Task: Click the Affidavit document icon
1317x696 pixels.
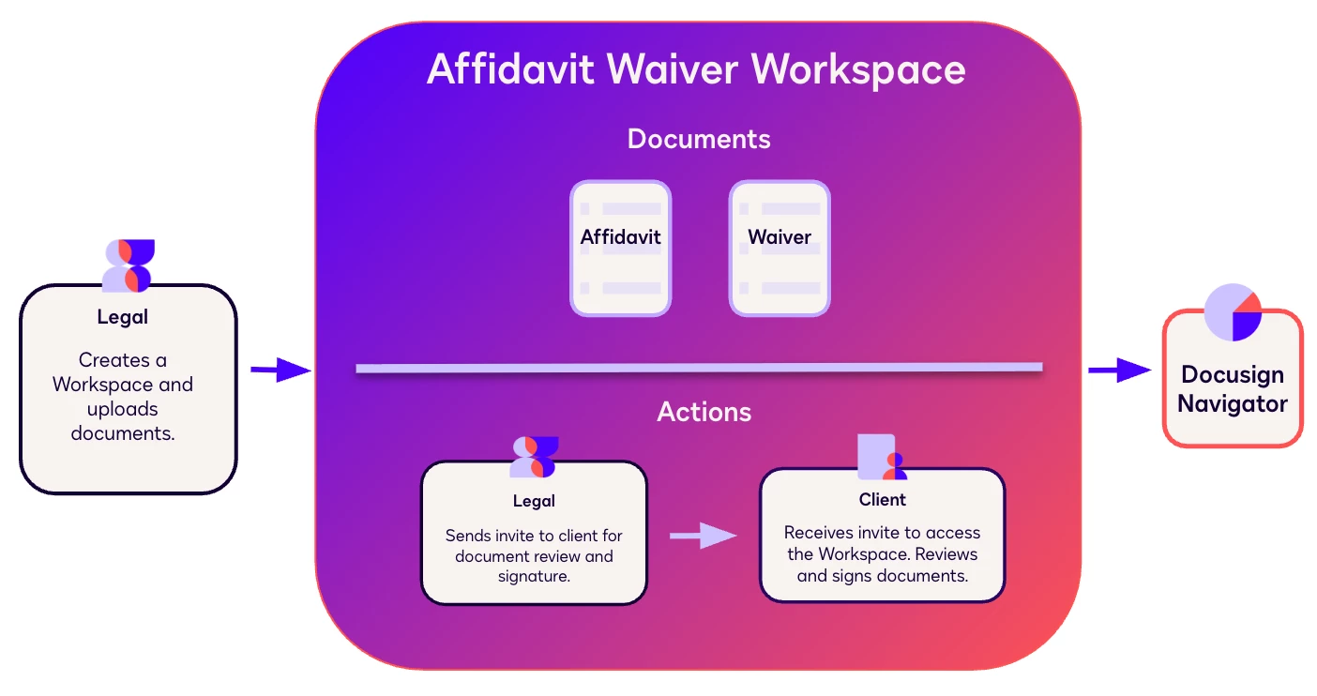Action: click(620, 248)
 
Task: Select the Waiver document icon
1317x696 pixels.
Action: click(780, 248)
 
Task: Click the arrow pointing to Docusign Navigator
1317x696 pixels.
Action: click(1119, 371)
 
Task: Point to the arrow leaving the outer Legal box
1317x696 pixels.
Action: click(280, 371)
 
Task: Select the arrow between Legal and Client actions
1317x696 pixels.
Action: click(703, 536)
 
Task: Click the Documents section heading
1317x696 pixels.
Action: click(699, 139)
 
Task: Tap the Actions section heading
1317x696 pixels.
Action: click(704, 412)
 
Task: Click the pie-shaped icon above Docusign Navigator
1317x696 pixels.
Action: click(1233, 312)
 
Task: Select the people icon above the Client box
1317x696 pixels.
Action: click(882, 457)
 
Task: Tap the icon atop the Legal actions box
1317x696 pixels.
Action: click(534, 457)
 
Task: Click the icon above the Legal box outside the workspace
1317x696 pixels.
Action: click(129, 265)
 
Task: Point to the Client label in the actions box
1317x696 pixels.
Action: click(882, 500)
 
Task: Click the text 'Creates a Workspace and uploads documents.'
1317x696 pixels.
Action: click(123, 397)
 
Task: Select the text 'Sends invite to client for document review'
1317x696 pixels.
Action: click(534, 546)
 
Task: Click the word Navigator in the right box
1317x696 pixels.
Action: click(1232, 404)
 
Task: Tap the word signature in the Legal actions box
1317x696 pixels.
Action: click(533, 576)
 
